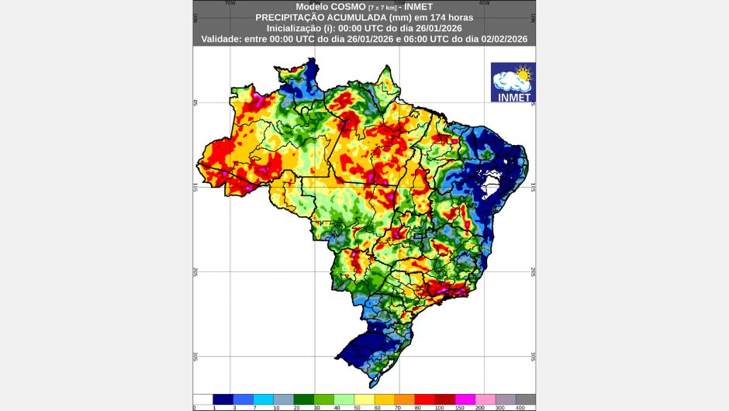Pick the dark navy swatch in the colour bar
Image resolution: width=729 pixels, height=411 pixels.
223,399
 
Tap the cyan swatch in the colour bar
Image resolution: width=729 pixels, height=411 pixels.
264,399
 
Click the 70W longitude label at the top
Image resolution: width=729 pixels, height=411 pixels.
230,3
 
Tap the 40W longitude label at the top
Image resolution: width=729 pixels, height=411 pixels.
484,3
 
